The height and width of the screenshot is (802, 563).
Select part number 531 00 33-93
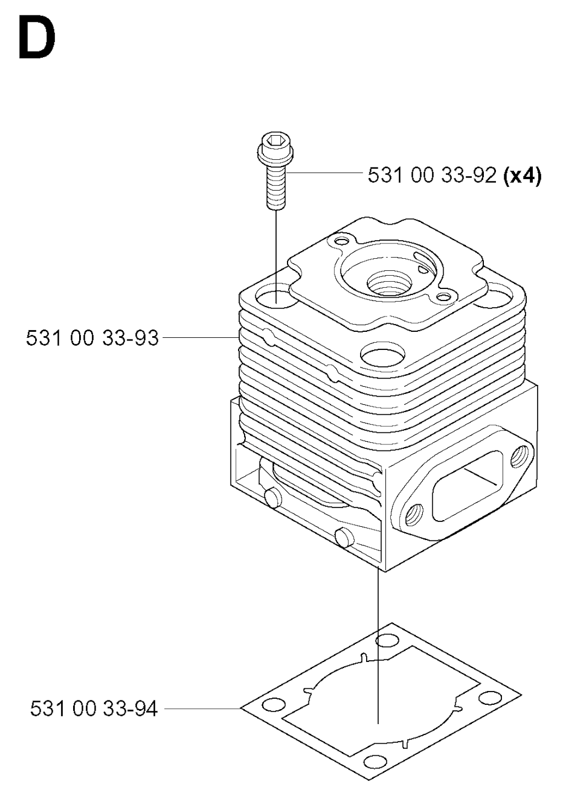coord(92,337)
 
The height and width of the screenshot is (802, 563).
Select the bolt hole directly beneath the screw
coord(277,299)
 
